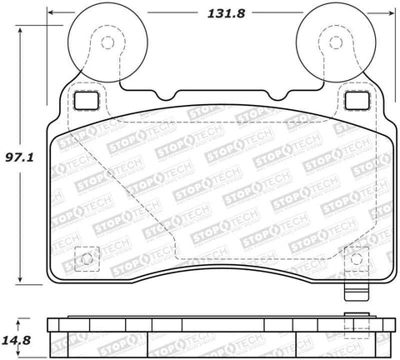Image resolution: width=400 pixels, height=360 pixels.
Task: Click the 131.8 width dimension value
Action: (226, 13)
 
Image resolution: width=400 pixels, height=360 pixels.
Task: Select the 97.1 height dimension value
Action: (19, 157)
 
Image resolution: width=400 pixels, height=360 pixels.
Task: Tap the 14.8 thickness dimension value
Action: (17, 340)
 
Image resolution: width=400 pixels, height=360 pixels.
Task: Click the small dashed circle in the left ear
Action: (107, 42)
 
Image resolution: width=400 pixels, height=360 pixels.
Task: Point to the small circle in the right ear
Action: (336, 42)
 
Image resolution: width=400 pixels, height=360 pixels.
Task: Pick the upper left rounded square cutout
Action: (86, 101)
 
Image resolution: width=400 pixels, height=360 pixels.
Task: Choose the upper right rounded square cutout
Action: (357, 101)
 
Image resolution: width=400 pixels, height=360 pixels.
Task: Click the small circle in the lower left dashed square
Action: (87, 259)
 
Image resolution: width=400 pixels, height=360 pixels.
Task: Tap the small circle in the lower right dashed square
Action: (356, 259)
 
